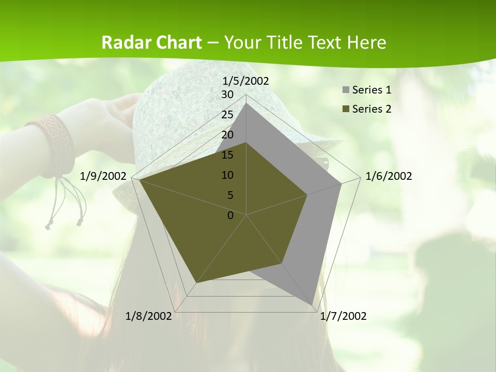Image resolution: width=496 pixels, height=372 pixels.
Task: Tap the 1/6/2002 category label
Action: tap(389, 176)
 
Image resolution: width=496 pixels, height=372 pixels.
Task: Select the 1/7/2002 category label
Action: tap(343, 316)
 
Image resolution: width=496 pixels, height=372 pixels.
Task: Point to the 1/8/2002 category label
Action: tap(149, 316)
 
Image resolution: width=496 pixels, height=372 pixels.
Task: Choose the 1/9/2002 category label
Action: tap(103, 176)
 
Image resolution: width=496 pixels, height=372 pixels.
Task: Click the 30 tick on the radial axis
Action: tap(227, 95)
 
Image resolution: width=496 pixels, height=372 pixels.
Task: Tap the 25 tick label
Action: tap(227, 115)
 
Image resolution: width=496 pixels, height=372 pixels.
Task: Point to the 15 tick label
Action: tap(227, 155)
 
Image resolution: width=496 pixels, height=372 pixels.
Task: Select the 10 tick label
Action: tap(227, 175)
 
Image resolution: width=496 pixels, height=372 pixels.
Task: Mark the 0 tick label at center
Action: tap(230, 215)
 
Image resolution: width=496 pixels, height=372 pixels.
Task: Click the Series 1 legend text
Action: tap(371, 90)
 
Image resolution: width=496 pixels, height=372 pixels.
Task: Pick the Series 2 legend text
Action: tap(371, 109)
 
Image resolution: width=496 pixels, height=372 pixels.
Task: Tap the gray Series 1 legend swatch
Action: tap(346, 90)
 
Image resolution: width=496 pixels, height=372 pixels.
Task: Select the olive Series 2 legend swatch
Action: tap(346, 109)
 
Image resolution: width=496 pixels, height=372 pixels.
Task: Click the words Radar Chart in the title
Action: tap(151, 43)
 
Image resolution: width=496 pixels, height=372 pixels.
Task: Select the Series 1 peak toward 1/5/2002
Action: tap(246, 103)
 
